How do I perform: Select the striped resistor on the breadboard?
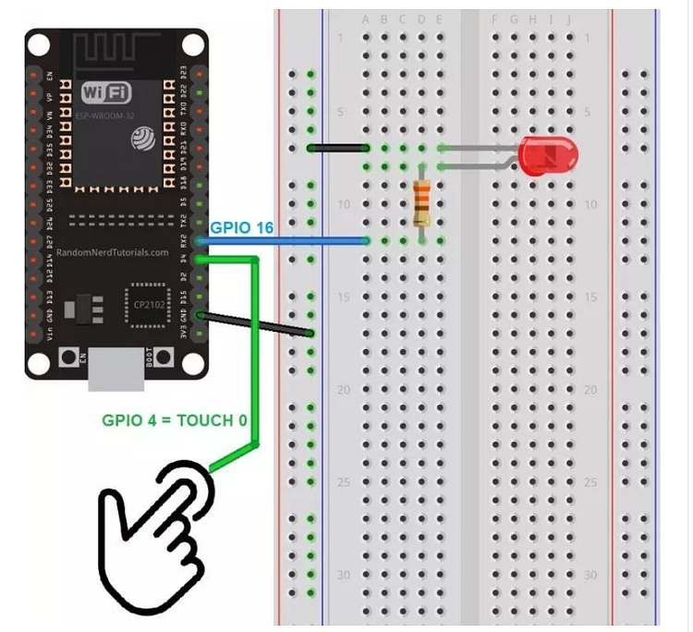(x=422, y=203)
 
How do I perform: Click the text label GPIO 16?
(x=241, y=227)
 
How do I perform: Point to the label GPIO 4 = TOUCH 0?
(x=175, y=420)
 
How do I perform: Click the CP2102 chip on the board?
(x=144, y=303)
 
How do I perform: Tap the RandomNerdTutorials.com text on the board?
(x=113, y=252)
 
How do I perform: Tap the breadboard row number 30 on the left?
(x=344, y=574)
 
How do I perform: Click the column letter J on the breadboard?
(x=567, y=18)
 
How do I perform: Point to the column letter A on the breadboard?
(x=367, y=18)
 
